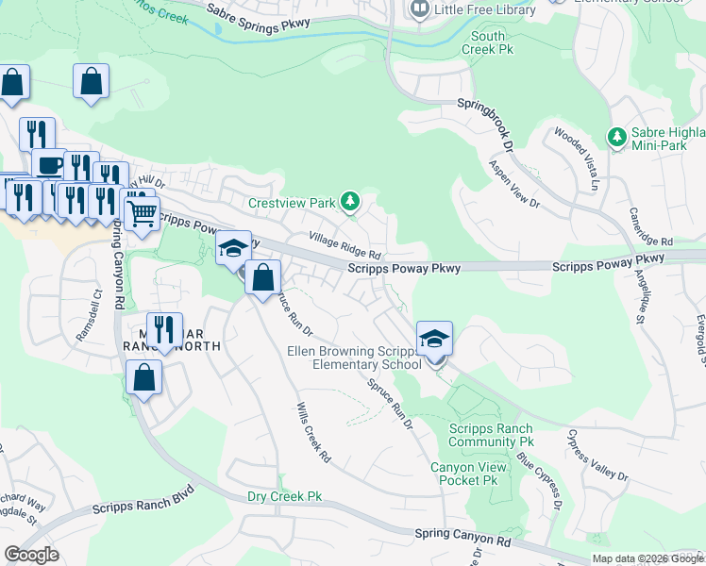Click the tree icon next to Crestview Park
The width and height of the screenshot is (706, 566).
click(x=350, y=201)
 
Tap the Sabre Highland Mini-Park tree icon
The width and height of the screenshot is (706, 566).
click(x=617, y=138)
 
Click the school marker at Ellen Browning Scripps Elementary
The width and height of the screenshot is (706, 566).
click(x=434, y=340)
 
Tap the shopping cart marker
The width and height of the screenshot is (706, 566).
click(x=142, y=213)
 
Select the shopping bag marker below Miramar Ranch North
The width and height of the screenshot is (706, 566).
click(x=143, y=379)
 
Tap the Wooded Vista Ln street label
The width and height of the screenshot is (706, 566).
click(x=577, y=159)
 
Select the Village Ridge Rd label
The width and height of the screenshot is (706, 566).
click(x=345, y=246)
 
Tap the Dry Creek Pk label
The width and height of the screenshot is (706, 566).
click(x=284, y=496)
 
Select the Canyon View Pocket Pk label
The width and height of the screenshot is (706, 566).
click(x=463, y=474)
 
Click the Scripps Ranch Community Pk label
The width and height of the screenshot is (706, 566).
click(x=491, y=435)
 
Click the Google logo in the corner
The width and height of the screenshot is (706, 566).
click(x=32, y=554)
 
